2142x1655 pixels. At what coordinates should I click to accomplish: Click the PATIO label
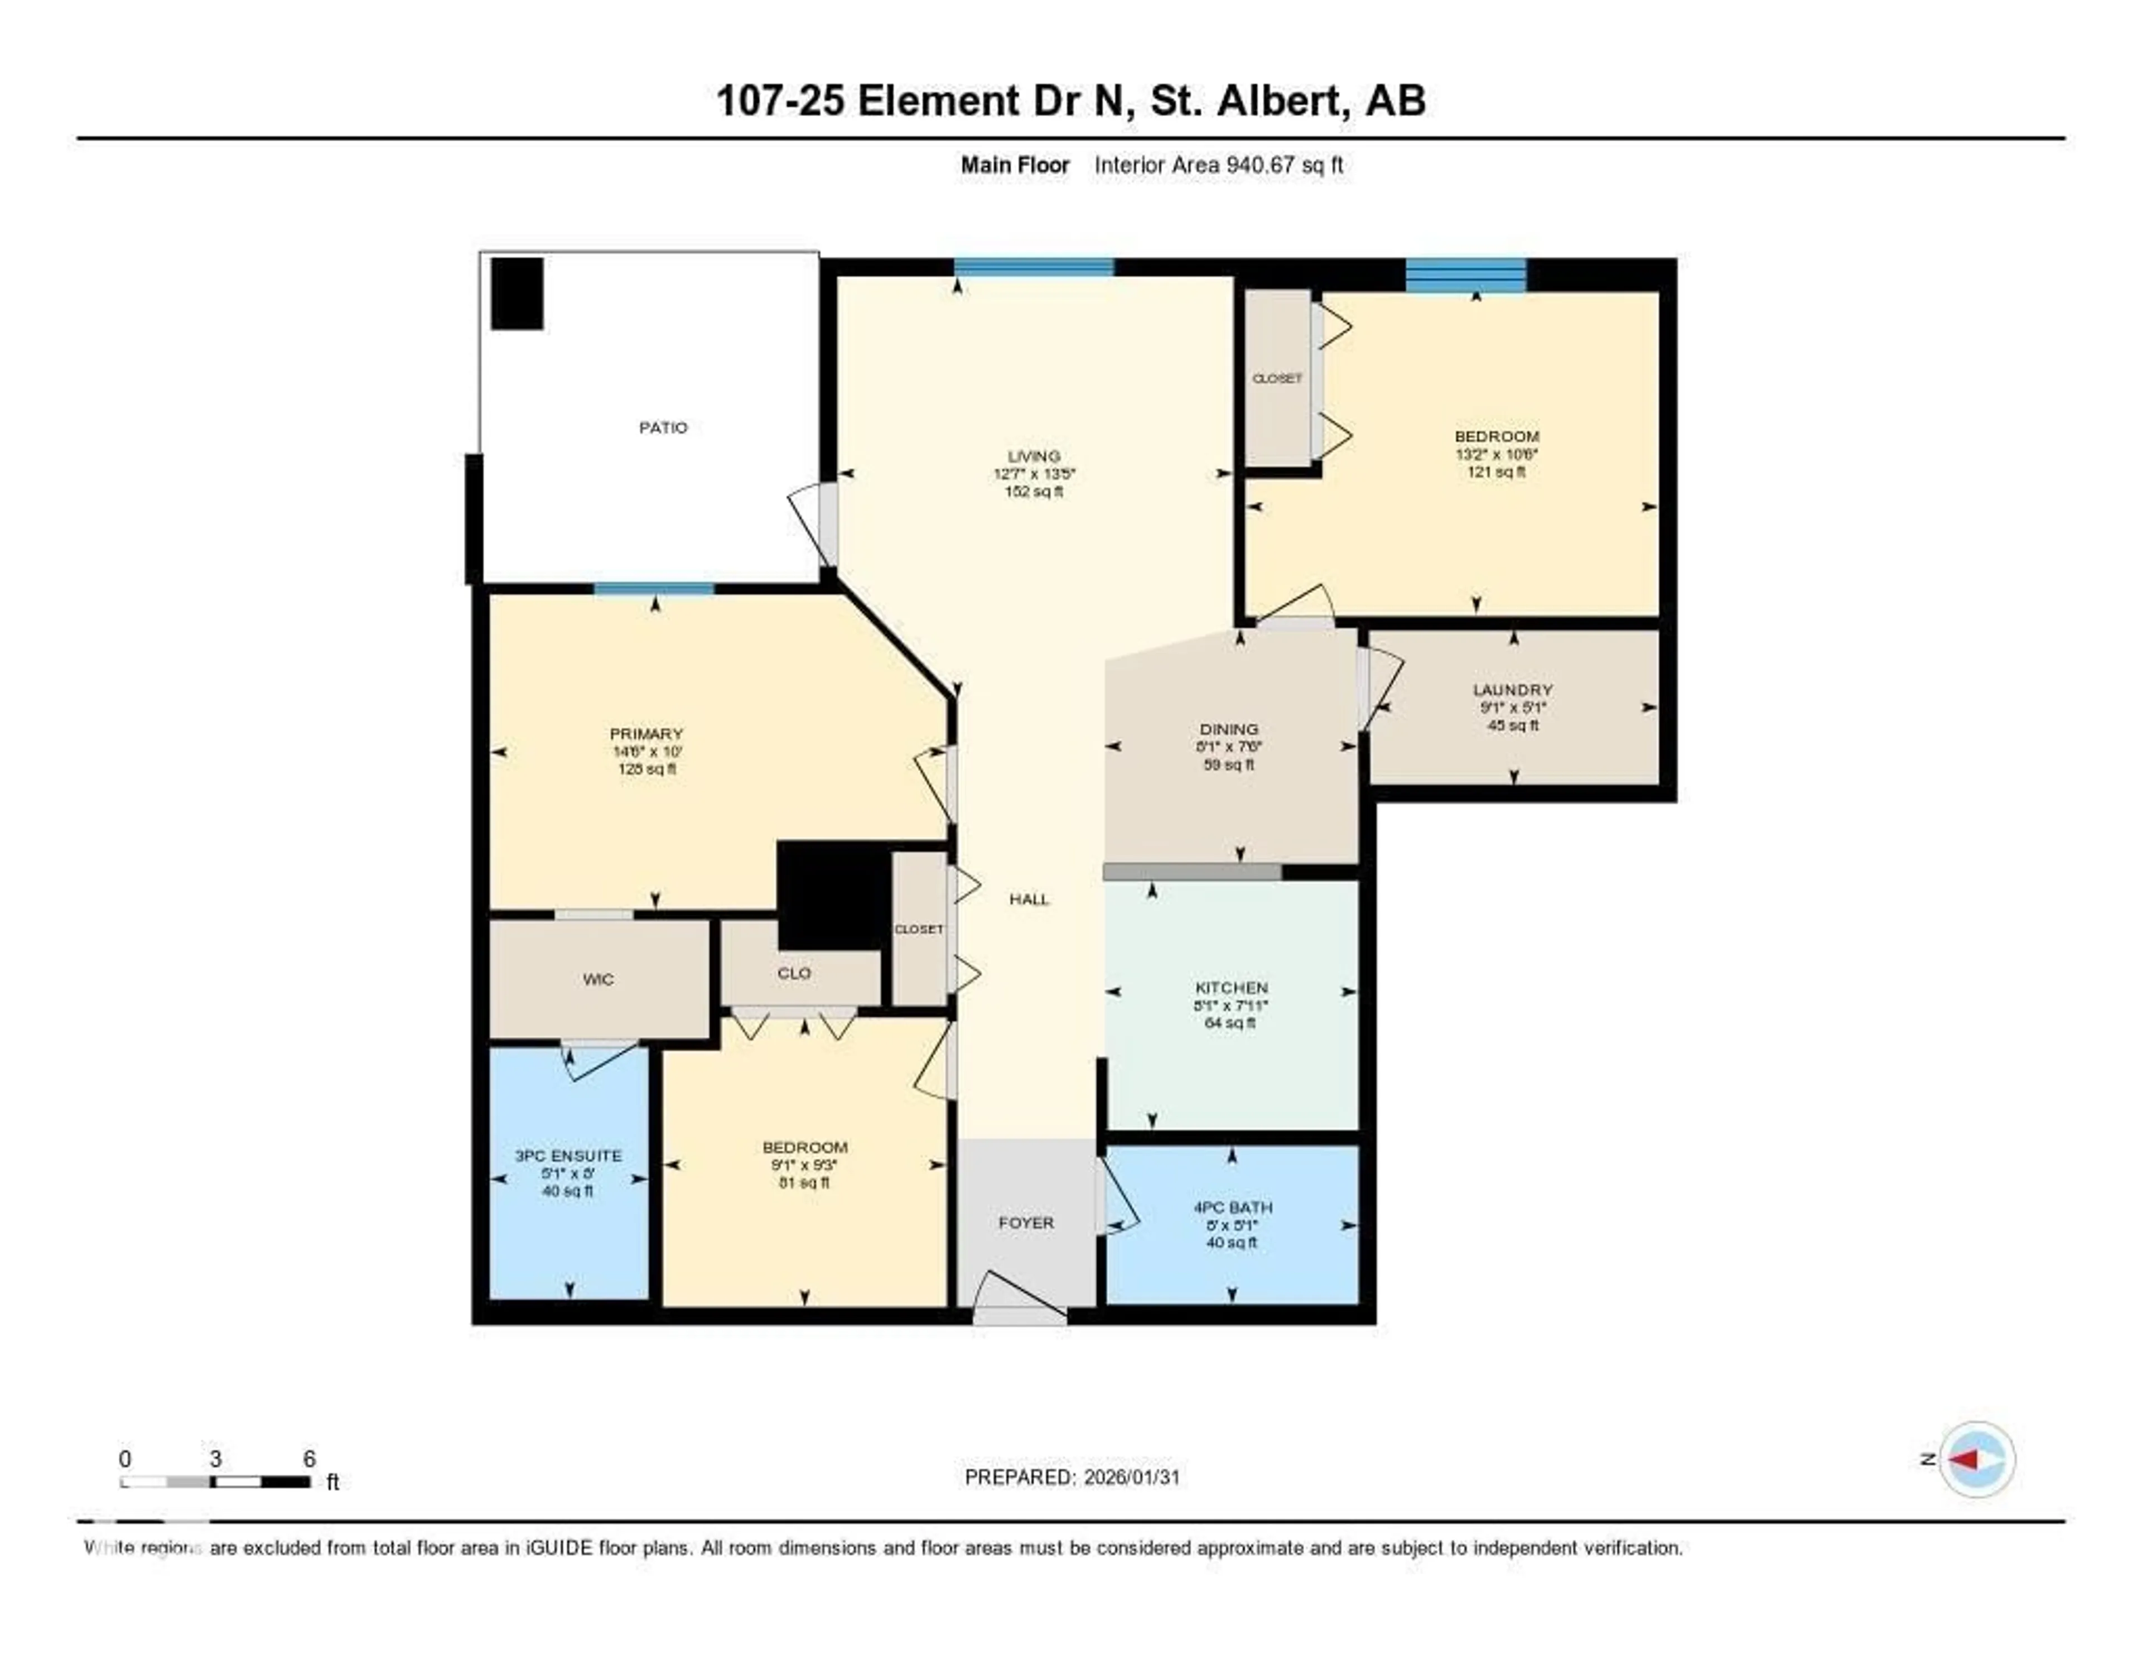point(663,428)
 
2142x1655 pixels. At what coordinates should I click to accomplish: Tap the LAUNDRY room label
point(1512,690)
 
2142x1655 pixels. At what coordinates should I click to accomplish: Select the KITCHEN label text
point(1231,988)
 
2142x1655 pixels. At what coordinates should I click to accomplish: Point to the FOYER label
point(1026,1223)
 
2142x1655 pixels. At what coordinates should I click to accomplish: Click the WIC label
point(599,979)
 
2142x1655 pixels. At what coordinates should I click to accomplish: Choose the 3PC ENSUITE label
point(568,1156)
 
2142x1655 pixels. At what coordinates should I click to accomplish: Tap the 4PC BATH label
point(1232,1207)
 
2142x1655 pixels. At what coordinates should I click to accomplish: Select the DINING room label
point(1229,729)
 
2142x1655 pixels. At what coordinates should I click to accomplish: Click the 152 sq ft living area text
point(1034,492)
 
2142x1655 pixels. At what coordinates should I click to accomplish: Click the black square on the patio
point(517,294)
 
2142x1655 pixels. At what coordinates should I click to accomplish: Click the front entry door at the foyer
point(1020,1301)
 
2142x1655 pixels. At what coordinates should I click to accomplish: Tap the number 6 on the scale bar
point(309,1459)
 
